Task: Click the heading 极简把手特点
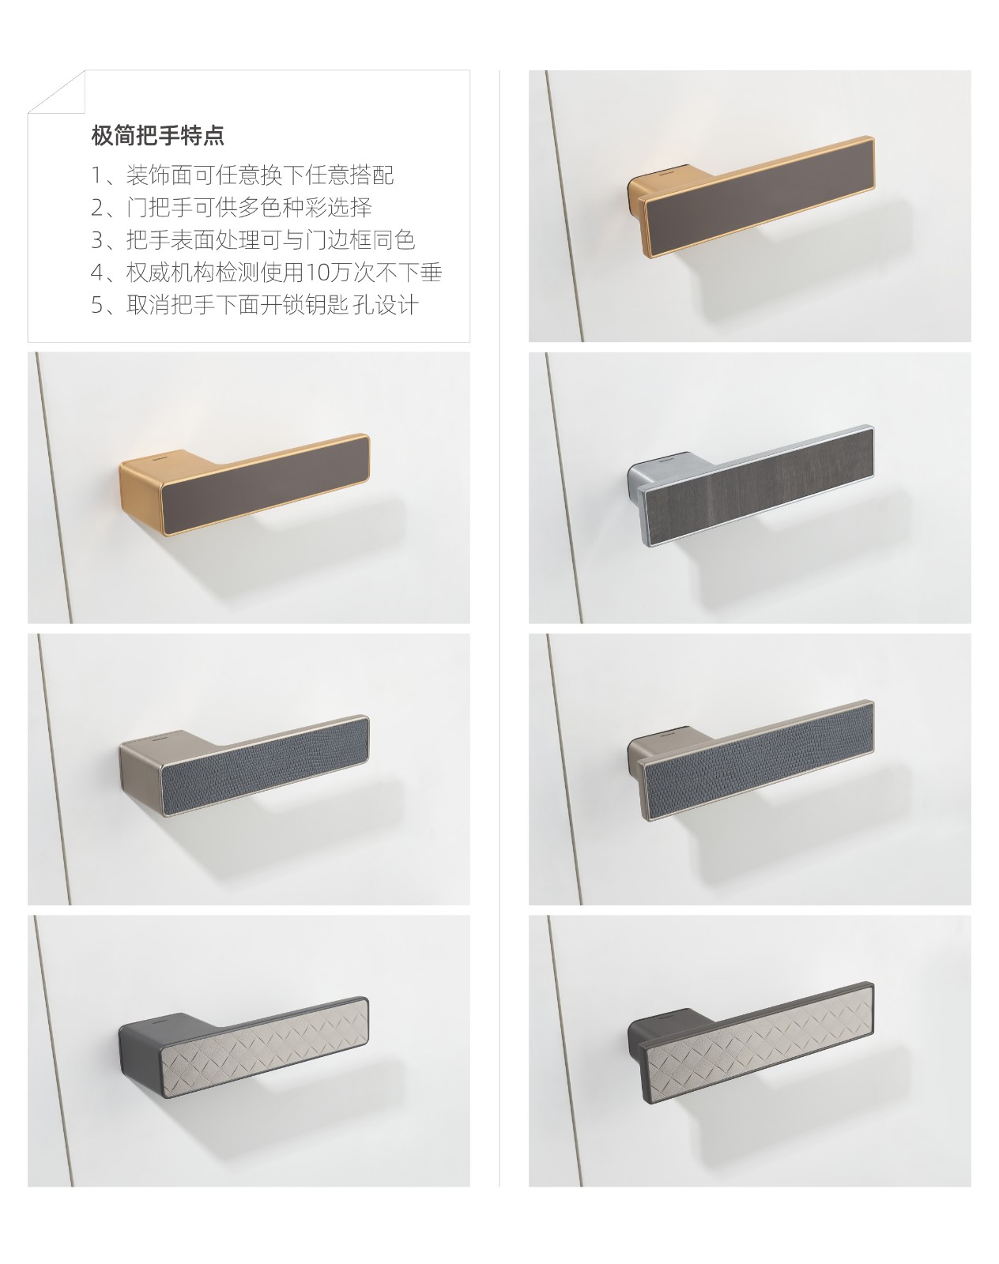[157, 135]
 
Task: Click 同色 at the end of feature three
[393, 239]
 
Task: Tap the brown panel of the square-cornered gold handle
[758, 196]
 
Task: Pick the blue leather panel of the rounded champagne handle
[263, 766]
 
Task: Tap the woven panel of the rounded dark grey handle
[263, 1047]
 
